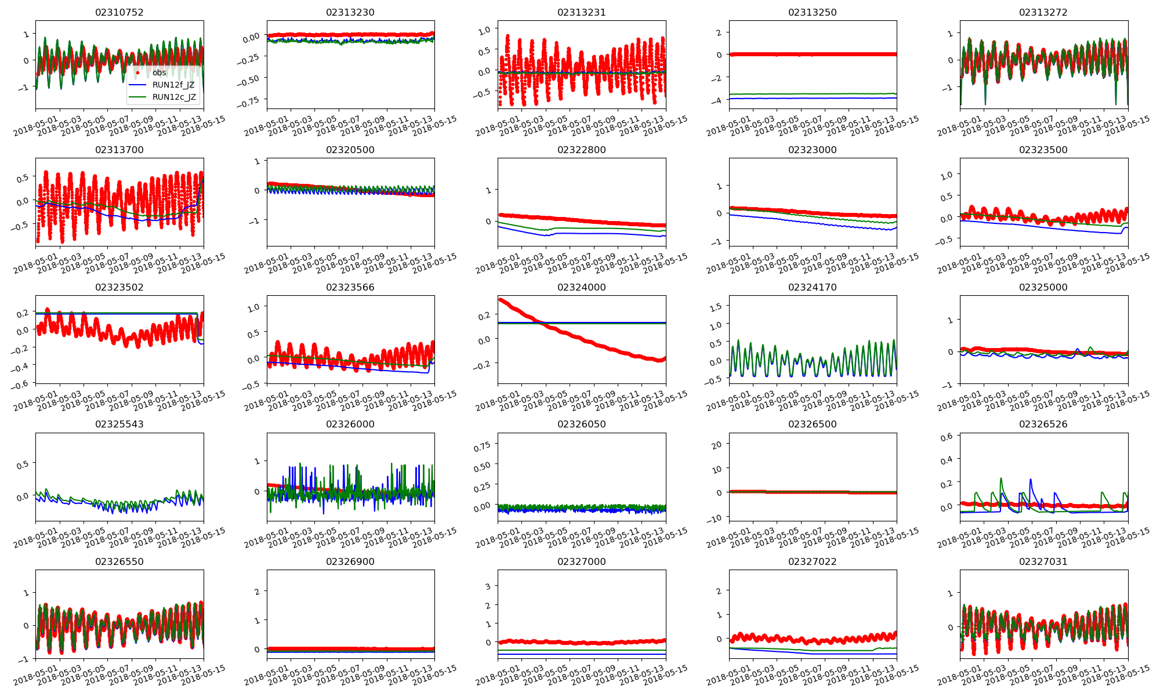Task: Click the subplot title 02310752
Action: pyautogui.click(x=119, y=12)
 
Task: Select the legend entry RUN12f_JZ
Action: pyautogui.click(x=173, y=85)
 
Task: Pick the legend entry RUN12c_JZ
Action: pyautogui.click(x=173, y=97)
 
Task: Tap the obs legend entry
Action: pyautogui.click(x=159, y=72)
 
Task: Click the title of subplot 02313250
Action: pyautogui.click(x=813, y=12)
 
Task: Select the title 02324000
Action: pyautogui.click(x=581, y=287)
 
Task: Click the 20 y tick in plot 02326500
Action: pyautogui.click(x=716, y=445)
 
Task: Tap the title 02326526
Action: pyautogui.click(x=1043, y=424)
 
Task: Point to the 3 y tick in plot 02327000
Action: pyautogui.click(x=488, y=586)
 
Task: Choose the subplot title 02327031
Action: pyautogui.click(x=1043, y=561)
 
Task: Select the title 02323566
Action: pyautogui.click(x=350, y=287)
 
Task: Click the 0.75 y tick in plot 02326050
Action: pyautogui.click(x=481, y=445)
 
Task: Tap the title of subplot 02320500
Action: pyautogui.click(x=350, y=150)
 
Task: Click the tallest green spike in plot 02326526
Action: pyautogui.click(x=1001, y=478)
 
